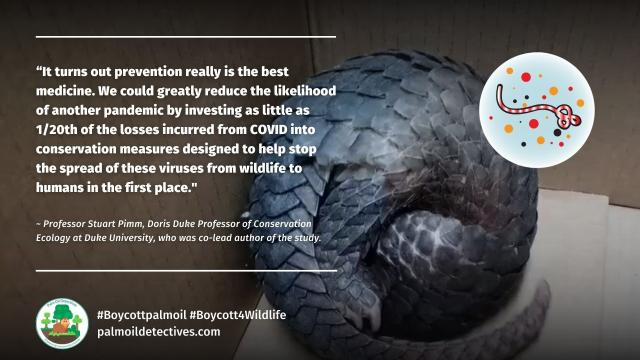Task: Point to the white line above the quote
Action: click(x=185, y=38)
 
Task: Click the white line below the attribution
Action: click(x=185, y=270)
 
